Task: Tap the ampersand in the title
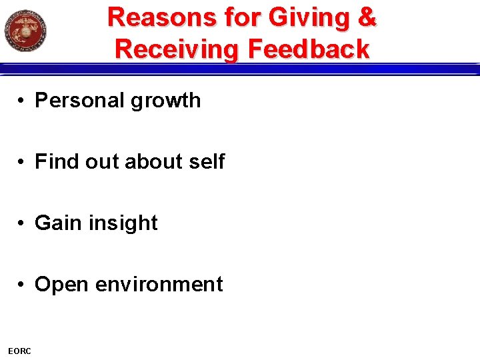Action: (x=367, y=17)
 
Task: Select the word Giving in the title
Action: (x=311, y=19)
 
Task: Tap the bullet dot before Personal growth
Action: (x=22, y=101)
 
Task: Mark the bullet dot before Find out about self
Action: (x=22, y=162)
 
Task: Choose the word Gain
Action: (x=57, y=223)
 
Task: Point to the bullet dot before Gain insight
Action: (x=22, y=223)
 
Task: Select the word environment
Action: (x=159, y=284)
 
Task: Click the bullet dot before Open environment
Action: (x=22, y=285)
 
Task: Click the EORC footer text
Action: (x=19, y=351)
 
